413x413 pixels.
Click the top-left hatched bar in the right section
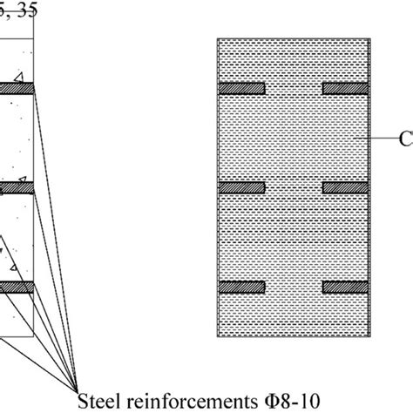coord(241,88)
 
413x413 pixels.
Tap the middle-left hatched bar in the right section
coord(241,187)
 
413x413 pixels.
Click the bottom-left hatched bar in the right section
coord(241,287)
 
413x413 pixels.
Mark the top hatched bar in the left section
coord(17,88)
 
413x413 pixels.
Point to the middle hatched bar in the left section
coord(17,187)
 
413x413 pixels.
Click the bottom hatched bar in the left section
coord(17,287)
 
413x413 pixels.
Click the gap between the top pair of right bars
coord(294,88)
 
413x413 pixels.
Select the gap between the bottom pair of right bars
coord(294,287)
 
